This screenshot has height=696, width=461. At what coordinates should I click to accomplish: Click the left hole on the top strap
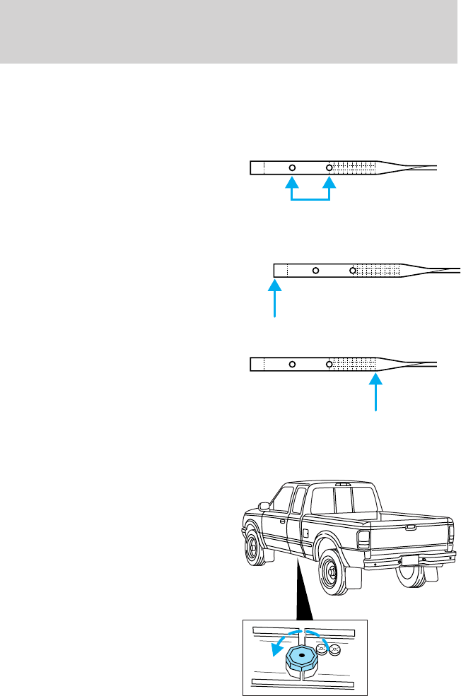tap(292, 167)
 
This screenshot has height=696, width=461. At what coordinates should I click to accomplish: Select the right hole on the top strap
tap(329, 167)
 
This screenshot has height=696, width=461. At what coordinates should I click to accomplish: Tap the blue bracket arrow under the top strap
tap(310, 199)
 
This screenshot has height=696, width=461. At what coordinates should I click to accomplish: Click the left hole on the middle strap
tap(316, 270)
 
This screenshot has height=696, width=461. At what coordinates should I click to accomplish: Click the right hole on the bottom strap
tap(329, 364)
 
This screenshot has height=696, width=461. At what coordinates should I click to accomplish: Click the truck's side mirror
tap(264, 506)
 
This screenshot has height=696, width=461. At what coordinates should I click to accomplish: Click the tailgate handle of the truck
tap(410, 526)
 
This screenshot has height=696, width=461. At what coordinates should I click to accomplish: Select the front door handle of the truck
tap(284, 521)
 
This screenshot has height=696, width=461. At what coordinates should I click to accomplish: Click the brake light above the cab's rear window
tap(343, 485)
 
